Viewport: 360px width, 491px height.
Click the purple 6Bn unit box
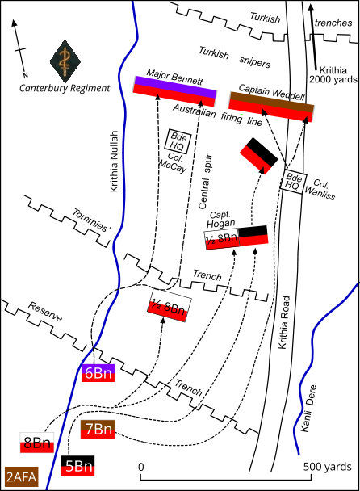point(98,372)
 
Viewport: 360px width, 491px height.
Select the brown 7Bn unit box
point(98,429)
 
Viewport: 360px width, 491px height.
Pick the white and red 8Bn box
point(36,443)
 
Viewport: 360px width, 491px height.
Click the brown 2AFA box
point(22,477)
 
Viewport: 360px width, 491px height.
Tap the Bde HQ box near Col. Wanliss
point(295,182)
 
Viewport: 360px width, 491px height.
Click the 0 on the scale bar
point(141,468)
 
